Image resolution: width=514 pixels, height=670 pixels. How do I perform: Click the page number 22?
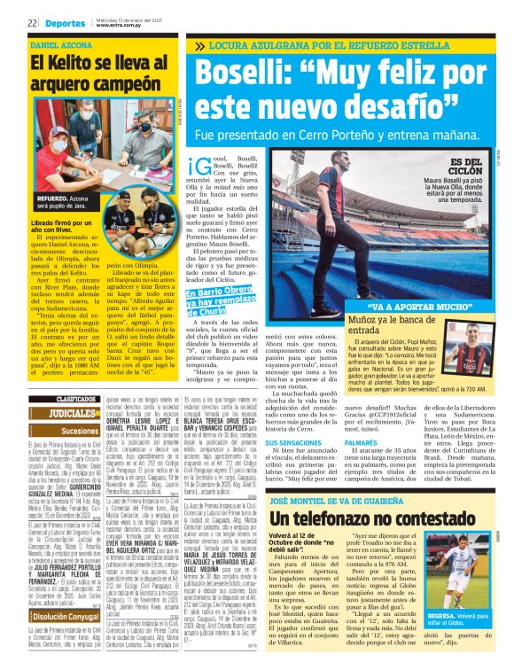(x=32, y=23)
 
